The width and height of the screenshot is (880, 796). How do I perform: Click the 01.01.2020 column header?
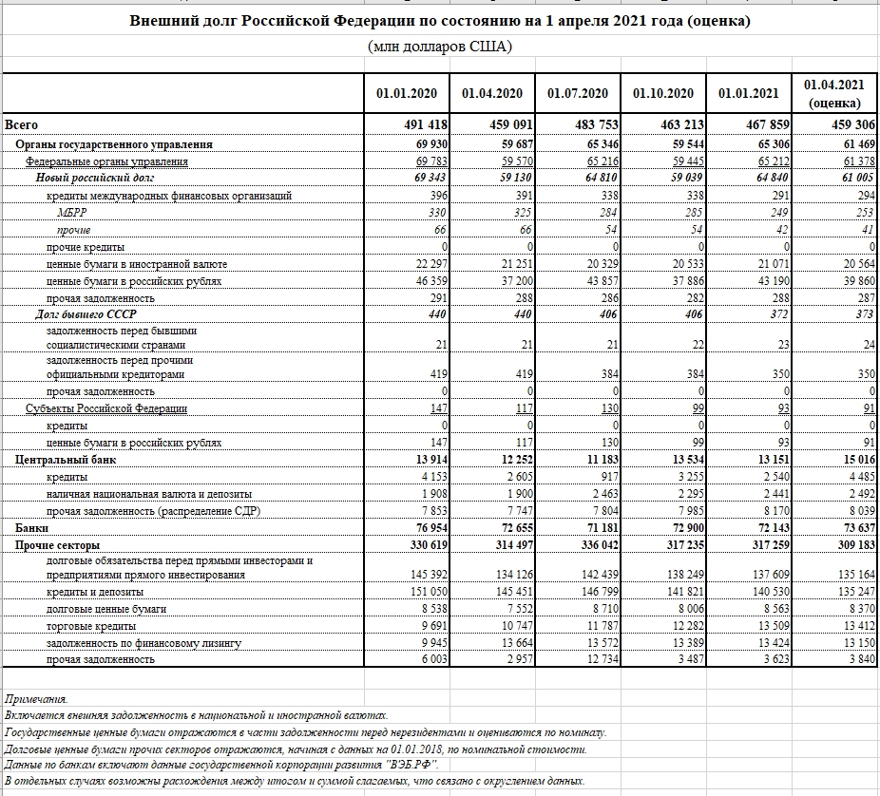click(407, 93)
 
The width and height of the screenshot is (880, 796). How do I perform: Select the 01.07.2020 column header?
click(578, 93)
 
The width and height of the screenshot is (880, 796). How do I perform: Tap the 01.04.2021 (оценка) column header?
click(834, 93)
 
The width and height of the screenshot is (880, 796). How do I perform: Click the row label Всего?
click(21, 125)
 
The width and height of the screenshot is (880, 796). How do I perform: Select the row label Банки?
click(31, 527)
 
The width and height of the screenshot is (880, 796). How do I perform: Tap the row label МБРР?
click(71, 213)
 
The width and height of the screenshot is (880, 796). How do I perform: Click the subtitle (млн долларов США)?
click(439, 47)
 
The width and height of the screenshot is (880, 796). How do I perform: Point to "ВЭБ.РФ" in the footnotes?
click(411, 764)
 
